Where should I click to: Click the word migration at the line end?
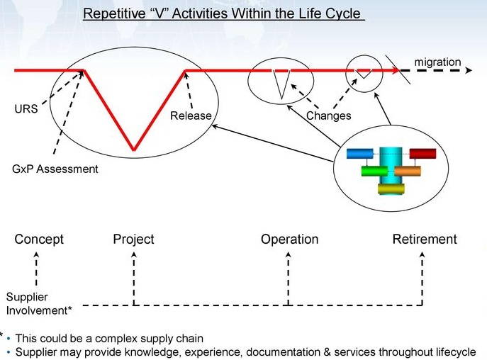437,62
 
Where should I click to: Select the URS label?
26,110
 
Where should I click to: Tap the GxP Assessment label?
55,169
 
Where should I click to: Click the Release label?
191,116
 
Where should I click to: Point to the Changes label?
328,116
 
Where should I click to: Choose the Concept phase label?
39,240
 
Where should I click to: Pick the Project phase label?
133,240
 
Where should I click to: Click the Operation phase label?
289,240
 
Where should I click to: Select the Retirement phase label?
425,240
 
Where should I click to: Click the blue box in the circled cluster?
359,153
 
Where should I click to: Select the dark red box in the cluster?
422,153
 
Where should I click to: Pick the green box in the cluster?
374,171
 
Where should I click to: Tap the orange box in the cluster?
408,171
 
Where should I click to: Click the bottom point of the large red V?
133,150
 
